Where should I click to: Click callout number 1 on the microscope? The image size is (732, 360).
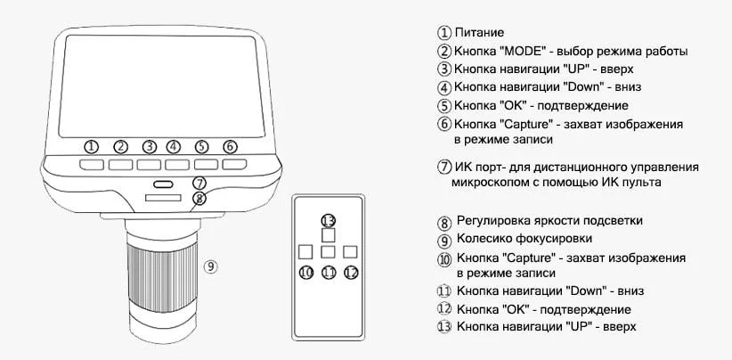tap(91, 146)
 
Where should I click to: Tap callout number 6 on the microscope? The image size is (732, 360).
tap(230, 146)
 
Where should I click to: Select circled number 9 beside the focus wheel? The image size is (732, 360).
tap(210, 266)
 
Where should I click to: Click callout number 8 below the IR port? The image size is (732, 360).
tap(199, 199)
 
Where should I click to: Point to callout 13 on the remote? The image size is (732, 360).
tap(328, 220)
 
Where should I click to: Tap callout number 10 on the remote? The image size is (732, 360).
tap(305, 273)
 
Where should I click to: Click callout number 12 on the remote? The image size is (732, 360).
tap(351, 273)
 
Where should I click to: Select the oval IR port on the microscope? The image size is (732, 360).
tap(161, 184)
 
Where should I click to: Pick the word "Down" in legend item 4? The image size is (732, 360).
tap(586, 87)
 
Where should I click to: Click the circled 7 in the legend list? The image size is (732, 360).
tap(444, 167)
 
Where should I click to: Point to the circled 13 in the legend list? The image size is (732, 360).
tap(444, 327)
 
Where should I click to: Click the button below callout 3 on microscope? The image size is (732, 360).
tap(149, 165)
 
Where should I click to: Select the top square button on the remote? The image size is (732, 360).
tap(328, 236)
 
